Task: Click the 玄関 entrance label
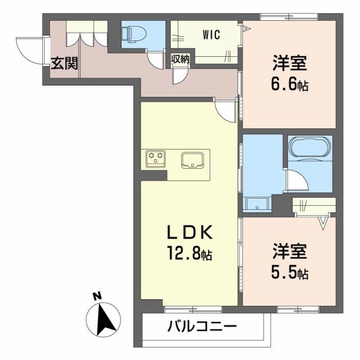[x=65, y=63]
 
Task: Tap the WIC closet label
[x=211, y=34]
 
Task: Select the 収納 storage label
[x=180, y=59]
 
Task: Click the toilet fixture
[x=131, y=34]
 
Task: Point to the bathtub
[x=310, y=148]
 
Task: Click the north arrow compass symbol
[x=105, y=319]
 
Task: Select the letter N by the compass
[x=97, y=295]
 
